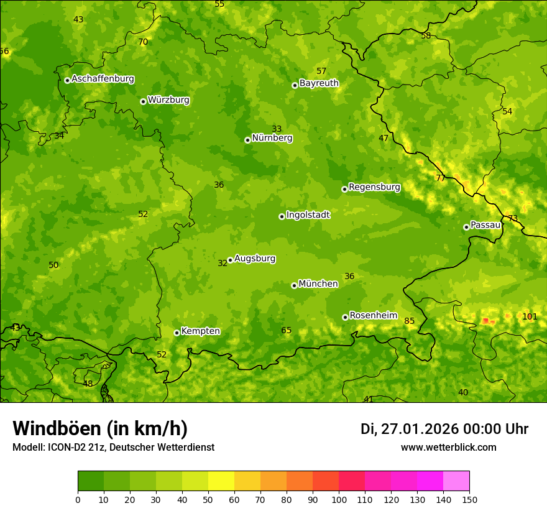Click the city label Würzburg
pos(168,99)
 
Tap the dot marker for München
pos(295,285)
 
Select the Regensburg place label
pos(374,187)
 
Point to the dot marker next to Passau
pos(466,227)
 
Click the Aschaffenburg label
pos(103,78)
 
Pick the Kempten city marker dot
pos(177,333)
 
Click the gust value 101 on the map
pos(530,316)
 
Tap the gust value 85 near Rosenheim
pos(409,321)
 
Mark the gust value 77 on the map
pos(441,178)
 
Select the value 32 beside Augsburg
pos(223,263)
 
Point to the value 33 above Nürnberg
pos(277,129)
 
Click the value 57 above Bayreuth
pos(321,71)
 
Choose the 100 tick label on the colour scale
pos(339,499)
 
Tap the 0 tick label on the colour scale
pos(78,499)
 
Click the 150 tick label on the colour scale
pos(469,499)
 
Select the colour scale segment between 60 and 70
pos(247,481)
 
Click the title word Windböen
pos(57,428)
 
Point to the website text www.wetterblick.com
pos(448,447)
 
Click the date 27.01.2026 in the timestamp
pos(420,429)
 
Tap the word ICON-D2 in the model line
pos(66,447)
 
